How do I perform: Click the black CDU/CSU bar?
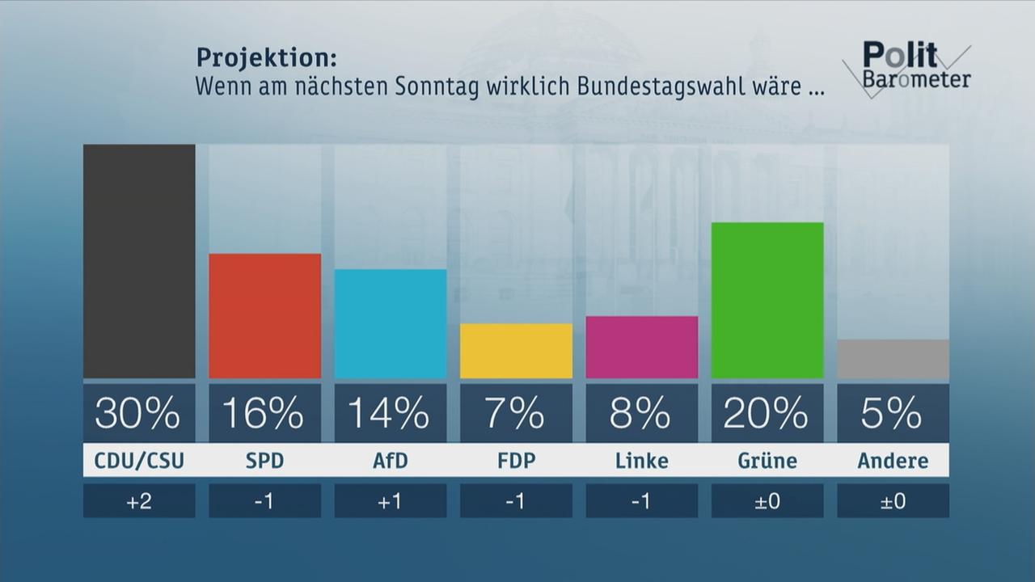tap(139, 261)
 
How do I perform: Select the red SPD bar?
tap(264, 316)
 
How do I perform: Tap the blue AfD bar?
tap(391, 323)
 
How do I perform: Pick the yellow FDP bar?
tap(516, 351)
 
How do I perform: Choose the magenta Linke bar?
tap(641, 347)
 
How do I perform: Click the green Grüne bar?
tap(767, 300)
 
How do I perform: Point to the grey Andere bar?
tap(893, 359)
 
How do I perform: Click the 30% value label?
tap(139, 413)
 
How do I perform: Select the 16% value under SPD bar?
tap(264, 413)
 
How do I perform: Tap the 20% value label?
tap(767, 413)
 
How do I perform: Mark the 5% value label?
tap(893, 413)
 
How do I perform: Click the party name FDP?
tap(516, 461)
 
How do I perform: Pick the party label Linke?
tap(641, 461)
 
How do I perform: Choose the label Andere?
tap(893, 461)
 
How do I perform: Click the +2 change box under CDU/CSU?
tap(139, 501)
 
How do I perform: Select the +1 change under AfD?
tap(391, 501)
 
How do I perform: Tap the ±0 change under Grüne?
tap(767, 501)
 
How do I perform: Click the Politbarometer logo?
tap(908, 66)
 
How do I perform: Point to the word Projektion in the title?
tap(266, 58)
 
